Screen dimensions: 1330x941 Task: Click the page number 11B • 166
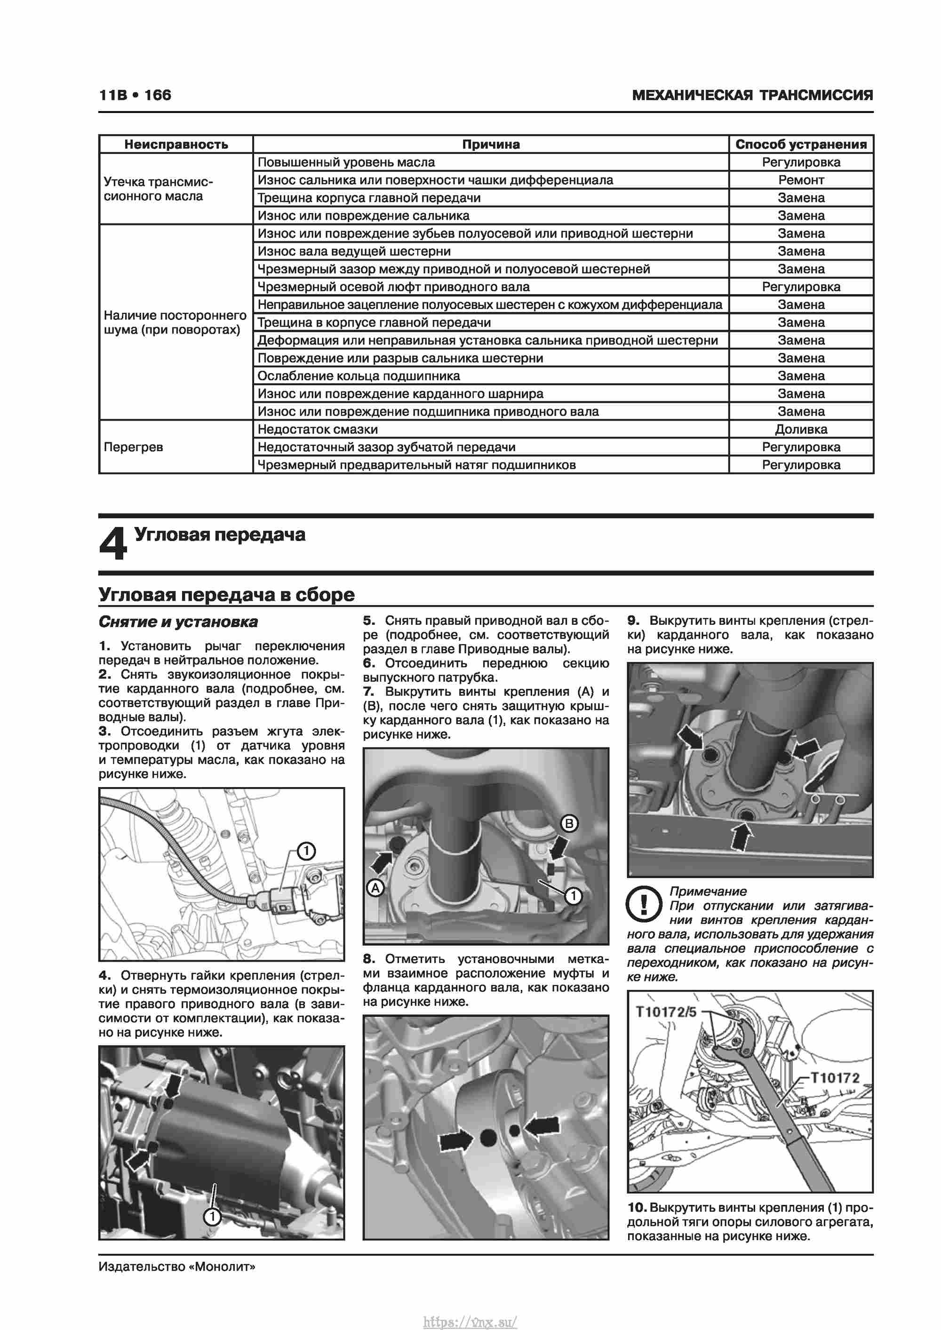[135, 95]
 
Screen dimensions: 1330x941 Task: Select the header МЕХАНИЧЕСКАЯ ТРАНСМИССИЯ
[752, 95]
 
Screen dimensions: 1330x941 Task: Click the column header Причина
[490, 144]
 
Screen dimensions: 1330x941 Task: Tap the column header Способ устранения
[801, 144]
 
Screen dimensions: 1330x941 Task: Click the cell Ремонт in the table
[801, 180]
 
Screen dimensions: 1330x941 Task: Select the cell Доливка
[801, 429]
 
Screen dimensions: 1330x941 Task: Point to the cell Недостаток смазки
[318, 429]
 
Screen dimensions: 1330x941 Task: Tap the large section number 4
[112, 543]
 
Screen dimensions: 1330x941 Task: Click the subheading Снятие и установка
[178, 621]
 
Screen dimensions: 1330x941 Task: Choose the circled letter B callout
[569, 823]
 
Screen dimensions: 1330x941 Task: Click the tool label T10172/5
[666, 1012]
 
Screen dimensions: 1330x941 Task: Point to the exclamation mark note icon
[643, 904]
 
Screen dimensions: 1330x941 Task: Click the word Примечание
[708, 891]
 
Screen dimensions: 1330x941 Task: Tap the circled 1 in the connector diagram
[306, 851]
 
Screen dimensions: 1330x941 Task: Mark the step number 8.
[369, 959]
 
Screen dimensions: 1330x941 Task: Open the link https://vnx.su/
[470, 1322]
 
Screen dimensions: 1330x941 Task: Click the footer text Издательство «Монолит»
[177, 1282]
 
